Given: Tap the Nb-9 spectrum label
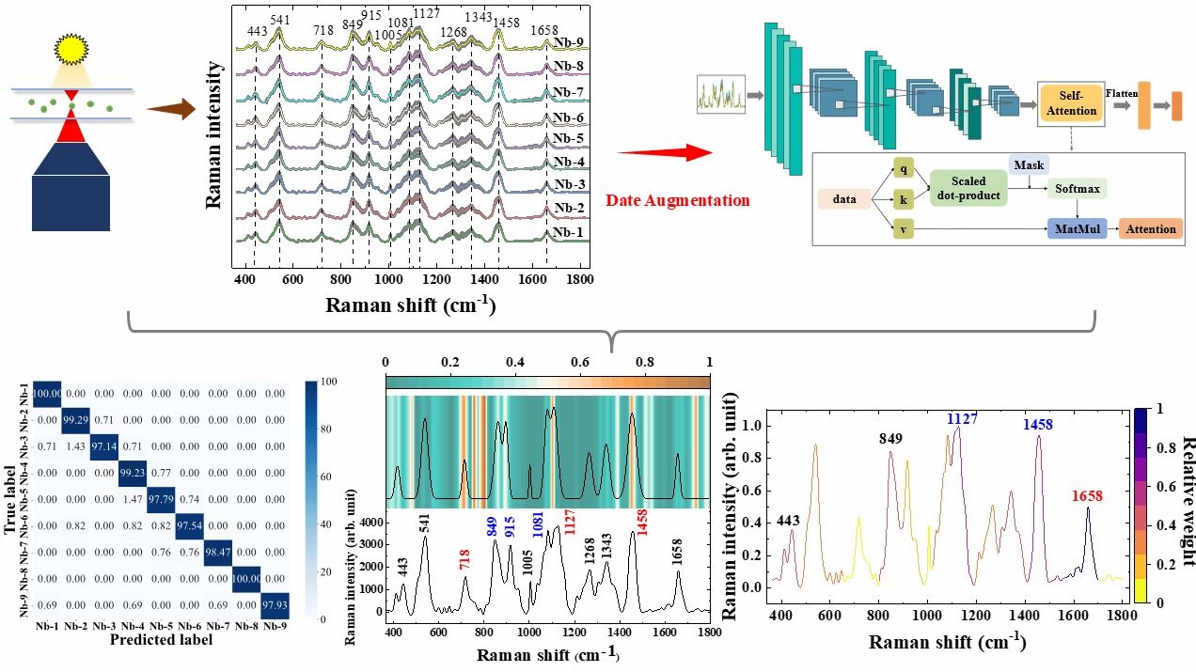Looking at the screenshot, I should (568, 42).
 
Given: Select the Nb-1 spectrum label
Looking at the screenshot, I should (568, 232).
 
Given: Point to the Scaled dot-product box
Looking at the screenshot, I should (968, 187).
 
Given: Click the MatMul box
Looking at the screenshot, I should (1077, 228).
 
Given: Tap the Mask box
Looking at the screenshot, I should (1029, 165).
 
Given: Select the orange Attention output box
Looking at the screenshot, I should (1150, 228).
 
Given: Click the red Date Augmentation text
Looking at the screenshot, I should (677, 200).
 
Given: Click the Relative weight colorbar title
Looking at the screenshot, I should (1186, 500).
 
